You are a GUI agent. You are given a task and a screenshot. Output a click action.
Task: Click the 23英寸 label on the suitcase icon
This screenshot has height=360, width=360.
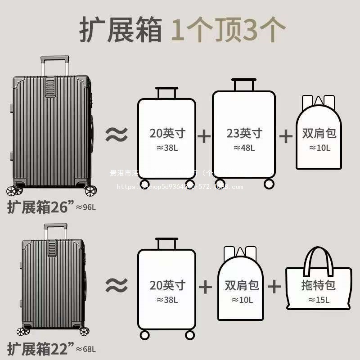click(244, 133)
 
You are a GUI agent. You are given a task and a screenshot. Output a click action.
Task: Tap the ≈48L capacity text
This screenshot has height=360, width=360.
click(244, 148)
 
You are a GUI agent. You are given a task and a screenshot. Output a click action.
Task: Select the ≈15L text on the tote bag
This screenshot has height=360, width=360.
click(319, 300)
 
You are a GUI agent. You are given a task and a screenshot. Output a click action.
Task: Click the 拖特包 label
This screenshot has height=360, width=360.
click(319, 285)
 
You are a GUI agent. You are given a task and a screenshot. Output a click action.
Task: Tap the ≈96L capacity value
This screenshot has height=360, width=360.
click(86, 207)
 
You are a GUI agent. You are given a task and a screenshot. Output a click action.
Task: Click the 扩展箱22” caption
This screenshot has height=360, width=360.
click(40, 348)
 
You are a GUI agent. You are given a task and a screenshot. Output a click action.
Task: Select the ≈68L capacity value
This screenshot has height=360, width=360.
click(86, 349)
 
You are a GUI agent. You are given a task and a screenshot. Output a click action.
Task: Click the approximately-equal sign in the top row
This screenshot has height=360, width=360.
click(117, 134)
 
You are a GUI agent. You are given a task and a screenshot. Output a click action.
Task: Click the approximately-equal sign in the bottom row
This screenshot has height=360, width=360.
click(117, 284)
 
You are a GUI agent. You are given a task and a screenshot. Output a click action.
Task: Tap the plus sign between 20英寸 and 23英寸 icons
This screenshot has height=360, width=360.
click(204, 135)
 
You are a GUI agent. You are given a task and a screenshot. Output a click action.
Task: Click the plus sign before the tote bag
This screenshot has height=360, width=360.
click(274, 286)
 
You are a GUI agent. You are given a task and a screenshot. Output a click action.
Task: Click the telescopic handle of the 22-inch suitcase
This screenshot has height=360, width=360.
click(55, 230)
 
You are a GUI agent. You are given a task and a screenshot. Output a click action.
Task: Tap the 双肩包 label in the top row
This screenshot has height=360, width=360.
click(319, 133)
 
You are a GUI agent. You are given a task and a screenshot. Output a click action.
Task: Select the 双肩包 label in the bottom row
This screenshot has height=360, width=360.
click(242, 285)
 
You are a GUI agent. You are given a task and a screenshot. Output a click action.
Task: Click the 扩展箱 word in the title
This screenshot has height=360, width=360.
click(121, 30)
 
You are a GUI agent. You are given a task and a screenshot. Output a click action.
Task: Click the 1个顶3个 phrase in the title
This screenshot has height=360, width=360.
click(229, 30)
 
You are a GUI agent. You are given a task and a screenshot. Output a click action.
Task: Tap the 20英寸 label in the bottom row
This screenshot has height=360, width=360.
click(167, 285)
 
